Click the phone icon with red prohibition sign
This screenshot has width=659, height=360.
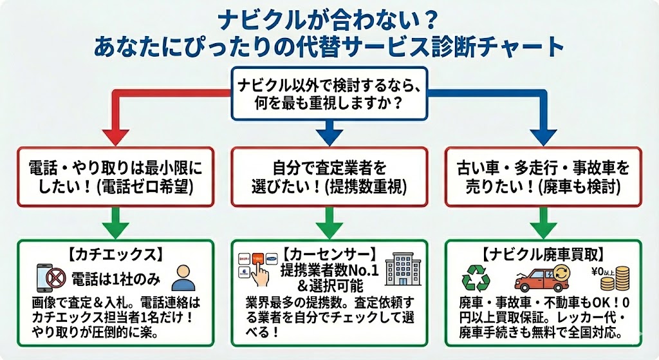(x=48, y=278)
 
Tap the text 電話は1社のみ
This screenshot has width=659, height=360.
(x=117, y=278)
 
